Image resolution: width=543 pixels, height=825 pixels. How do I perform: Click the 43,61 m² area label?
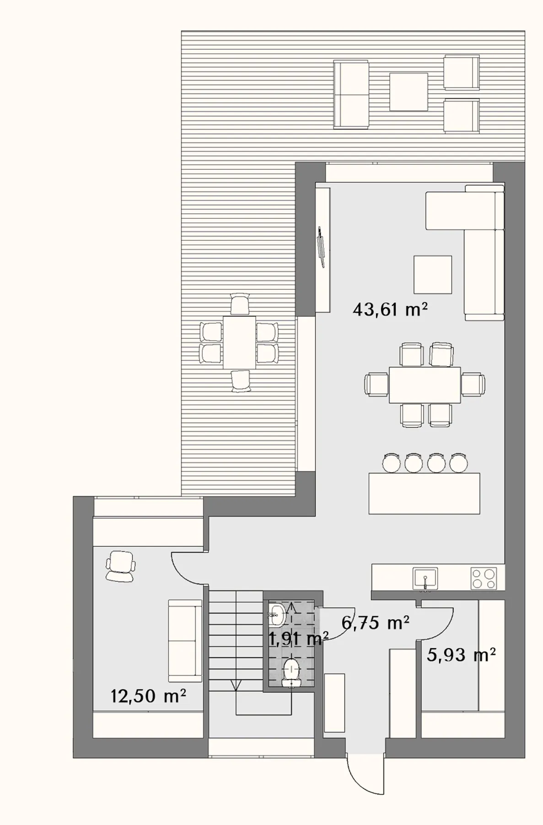pyautogui.click(x=390, y=310)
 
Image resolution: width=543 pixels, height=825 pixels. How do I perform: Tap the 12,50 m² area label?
pyautogui.click(x=148, y=696)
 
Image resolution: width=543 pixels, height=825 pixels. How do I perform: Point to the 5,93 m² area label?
pyautogui.click(x=461, y=655)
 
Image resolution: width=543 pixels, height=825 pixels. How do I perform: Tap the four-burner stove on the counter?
pyautogui.click(x=484, y=578)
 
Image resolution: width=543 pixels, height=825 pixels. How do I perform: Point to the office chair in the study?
pyautogui.click(x=120, y=566)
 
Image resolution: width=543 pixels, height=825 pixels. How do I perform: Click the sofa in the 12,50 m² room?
pyautogui.click(x=185, y=640)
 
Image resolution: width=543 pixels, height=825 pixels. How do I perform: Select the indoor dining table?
pyautogui.click(x=425, y=385)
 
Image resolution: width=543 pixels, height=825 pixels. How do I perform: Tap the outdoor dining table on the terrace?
pyautogui.click(x=239, y=342)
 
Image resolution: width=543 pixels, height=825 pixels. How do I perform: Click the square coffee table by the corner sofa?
pyautogui.click(x=433, y=274)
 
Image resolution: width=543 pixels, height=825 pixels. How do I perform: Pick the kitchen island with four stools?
pyautogui.click(x=425, y=493)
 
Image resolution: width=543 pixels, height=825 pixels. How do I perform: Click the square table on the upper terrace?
pyautogui.click(x=409, y=92)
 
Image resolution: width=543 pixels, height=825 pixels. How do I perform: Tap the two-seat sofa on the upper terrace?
pyautogui.click(x=351, y=94)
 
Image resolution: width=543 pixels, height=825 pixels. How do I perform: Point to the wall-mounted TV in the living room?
pyautogui.click(x=320, y=246)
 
